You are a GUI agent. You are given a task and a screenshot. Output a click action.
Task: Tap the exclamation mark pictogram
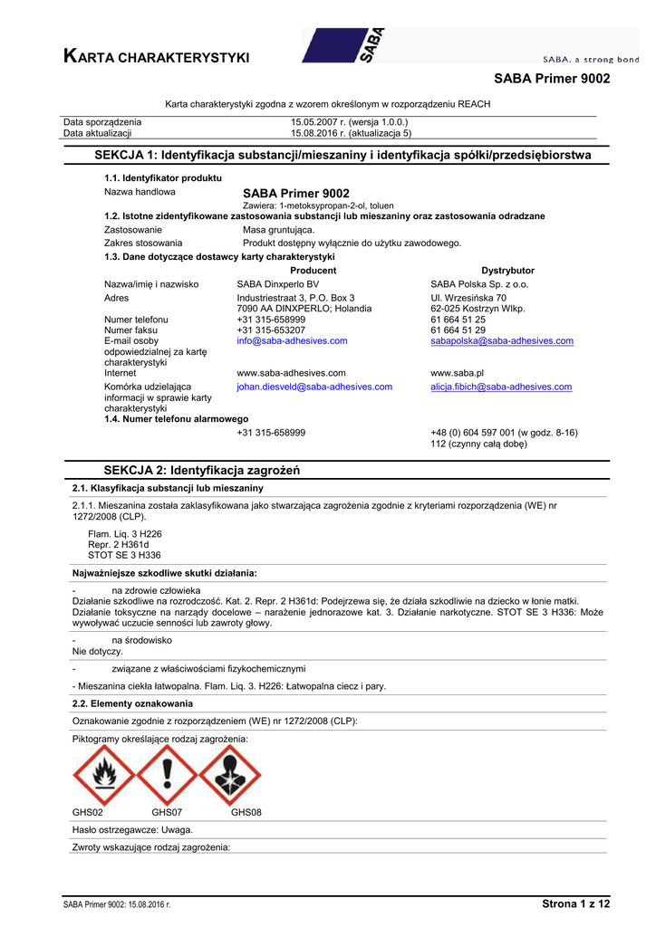coord(166,776)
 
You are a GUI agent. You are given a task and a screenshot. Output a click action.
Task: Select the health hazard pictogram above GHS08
coord(230,776)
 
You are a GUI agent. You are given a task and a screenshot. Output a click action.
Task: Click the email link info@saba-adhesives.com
coord(292,341)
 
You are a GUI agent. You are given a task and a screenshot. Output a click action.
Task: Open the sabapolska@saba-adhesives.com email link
coord(501,341)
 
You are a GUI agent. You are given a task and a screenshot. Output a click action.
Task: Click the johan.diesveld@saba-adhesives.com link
coord(314,387)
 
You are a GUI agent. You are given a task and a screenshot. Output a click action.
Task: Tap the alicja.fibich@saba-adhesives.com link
coord(500,387)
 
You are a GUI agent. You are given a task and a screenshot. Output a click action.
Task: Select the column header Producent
coord(313,271)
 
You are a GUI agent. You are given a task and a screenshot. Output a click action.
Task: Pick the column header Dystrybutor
coord(507,271)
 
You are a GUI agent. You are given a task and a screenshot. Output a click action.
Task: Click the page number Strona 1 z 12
coord(575,903)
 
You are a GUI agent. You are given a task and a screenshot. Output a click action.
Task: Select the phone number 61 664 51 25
coord(458,320)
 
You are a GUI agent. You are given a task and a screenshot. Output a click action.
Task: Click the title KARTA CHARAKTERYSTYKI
coord(156,58)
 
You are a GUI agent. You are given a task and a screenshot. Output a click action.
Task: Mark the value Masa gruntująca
coord(279,230)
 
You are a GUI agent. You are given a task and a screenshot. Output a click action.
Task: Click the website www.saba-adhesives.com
coord(291,372)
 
